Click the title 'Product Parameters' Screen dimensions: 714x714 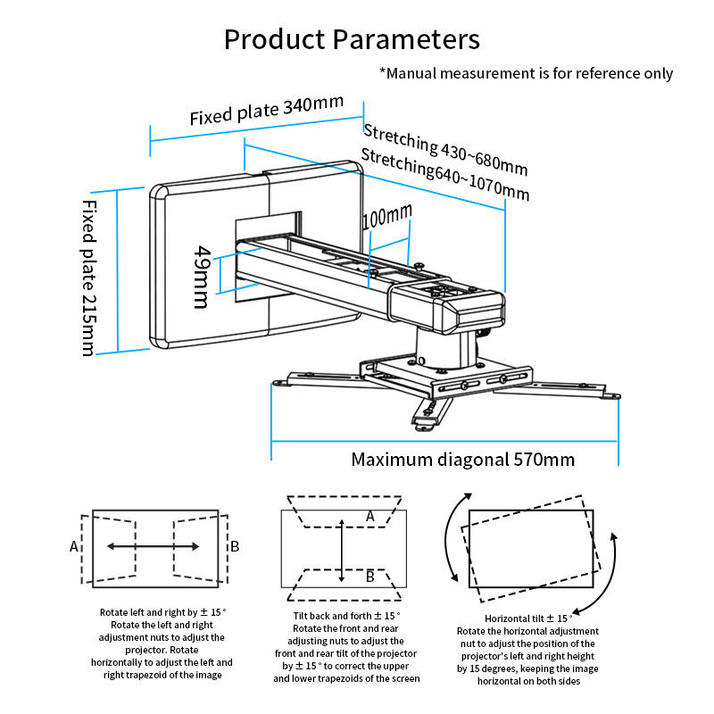click(352, 39)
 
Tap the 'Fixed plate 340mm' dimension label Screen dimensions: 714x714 click(266, 110)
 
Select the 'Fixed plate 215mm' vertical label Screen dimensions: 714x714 click(89, 278)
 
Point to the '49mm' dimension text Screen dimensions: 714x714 click(203, 278)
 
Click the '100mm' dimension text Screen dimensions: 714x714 click(387, 216)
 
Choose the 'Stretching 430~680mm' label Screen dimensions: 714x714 click(445, 150)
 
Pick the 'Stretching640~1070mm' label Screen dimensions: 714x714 click(445, 175)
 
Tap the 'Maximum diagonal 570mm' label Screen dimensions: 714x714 click(462, 460)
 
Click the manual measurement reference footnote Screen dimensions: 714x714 click(526, 73)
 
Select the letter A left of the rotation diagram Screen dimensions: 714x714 click(74, 546)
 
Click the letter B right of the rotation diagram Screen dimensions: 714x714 click(235, 546)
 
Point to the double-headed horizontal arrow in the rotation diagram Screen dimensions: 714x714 click(153, 546)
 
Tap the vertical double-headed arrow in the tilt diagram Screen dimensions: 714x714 click(342, 551)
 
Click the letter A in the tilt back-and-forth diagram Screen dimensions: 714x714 click(370, 517)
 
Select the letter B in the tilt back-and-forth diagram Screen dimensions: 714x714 click(370, 577)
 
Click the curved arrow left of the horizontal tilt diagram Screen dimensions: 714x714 click(448, 535)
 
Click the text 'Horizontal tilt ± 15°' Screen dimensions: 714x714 click(528, 619)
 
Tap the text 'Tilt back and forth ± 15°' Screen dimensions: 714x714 click(346, 616)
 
